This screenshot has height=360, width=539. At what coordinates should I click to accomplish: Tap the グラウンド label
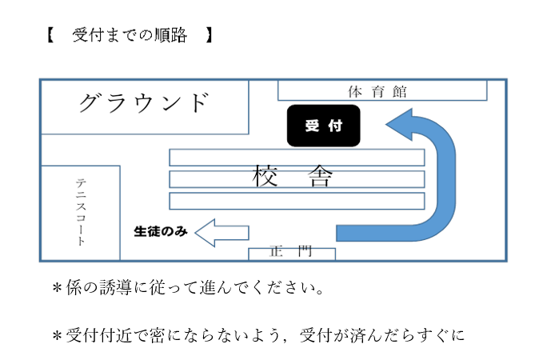tap(145, 103)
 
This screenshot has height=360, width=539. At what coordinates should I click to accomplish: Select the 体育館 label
tap(377, 91)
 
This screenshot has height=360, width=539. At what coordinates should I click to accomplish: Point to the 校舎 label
tap(292, 176)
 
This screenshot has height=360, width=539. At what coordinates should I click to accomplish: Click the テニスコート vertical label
tap(81, 212)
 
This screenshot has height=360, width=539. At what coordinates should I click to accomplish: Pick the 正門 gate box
tap(291, 254)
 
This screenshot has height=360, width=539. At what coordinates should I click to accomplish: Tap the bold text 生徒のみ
tap(160, 232)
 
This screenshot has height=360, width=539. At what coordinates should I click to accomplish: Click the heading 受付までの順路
tap(129, 36)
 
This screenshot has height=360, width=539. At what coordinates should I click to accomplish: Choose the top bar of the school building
tap(297, 157)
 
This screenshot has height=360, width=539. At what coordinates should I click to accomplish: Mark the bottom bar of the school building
tap(297, 201)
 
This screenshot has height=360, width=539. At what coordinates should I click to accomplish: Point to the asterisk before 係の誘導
tap(57, 289)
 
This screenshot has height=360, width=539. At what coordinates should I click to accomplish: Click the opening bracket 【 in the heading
tap(50, 36)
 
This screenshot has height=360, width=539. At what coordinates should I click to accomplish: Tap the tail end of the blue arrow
tap(344, 233)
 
